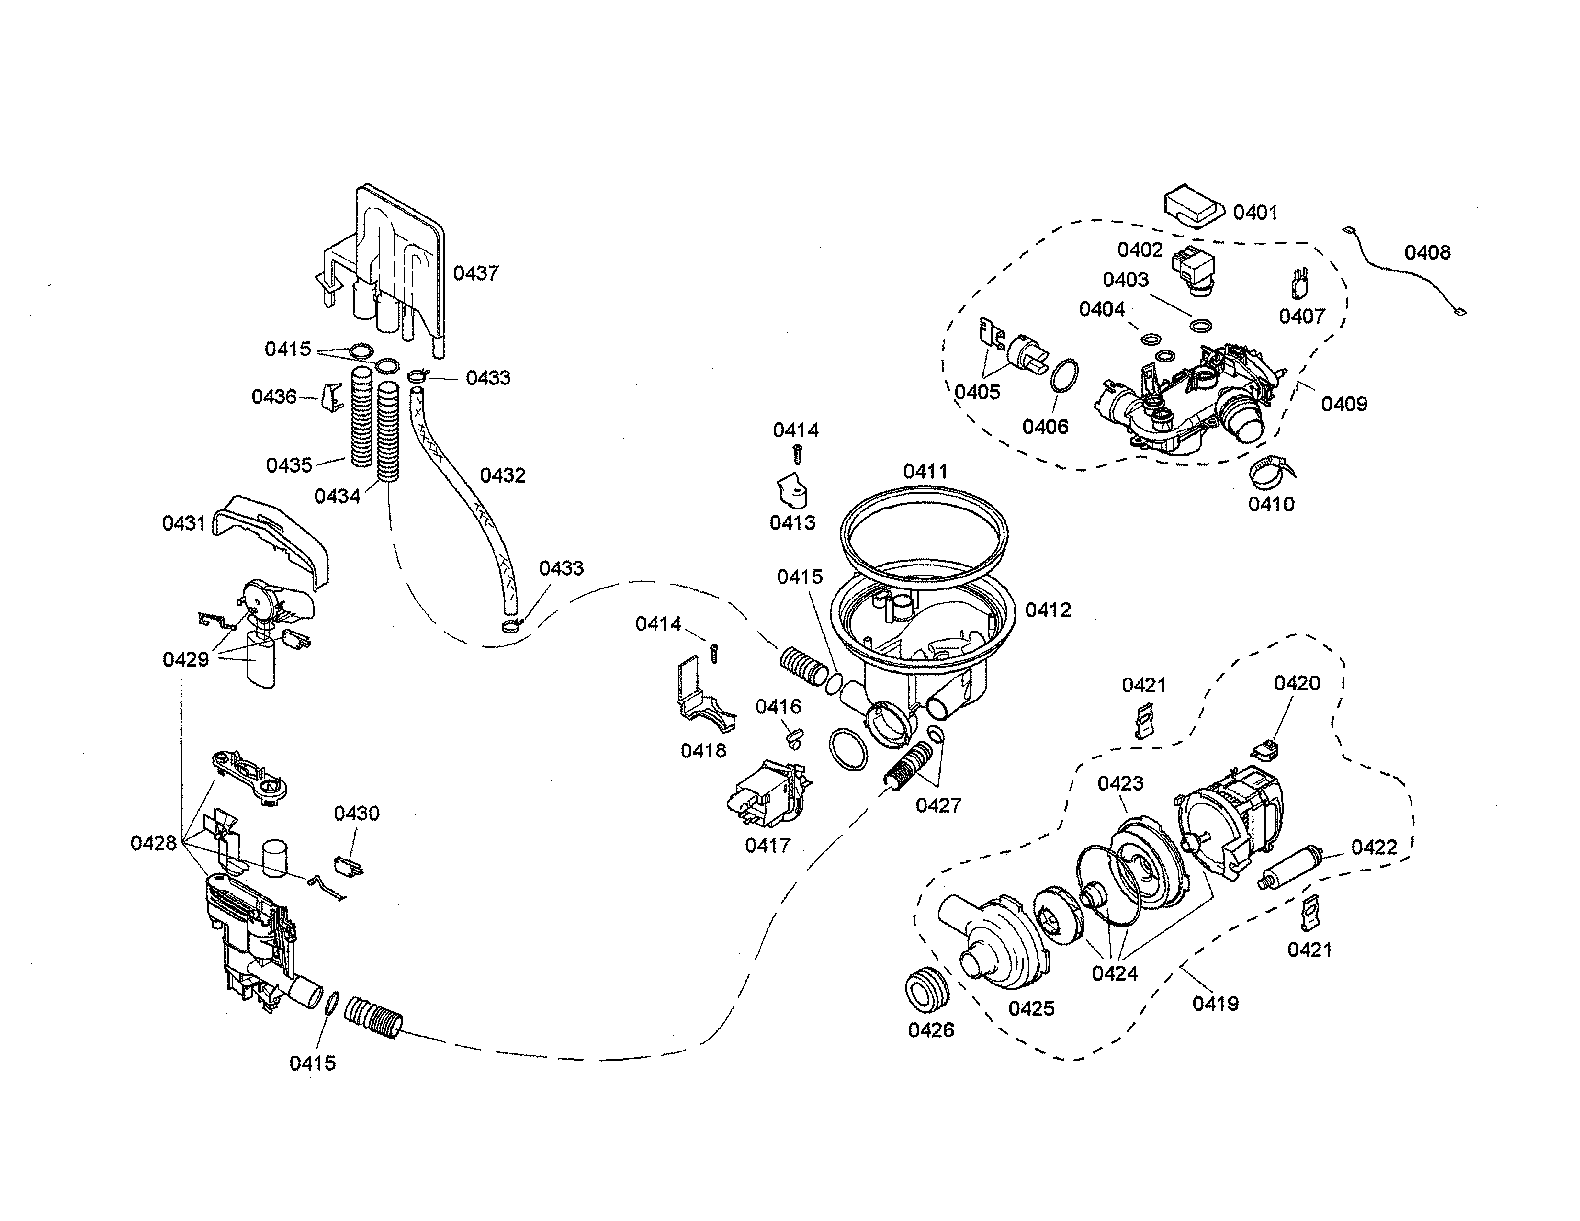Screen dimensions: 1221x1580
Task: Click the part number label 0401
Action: (1255, 212)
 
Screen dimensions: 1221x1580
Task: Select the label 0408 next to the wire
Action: (1427, 252)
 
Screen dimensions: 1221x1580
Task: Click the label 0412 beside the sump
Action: (1048, 610)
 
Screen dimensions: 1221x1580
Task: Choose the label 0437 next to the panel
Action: (475, 273)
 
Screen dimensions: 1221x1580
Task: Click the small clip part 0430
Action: (349, 865)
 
